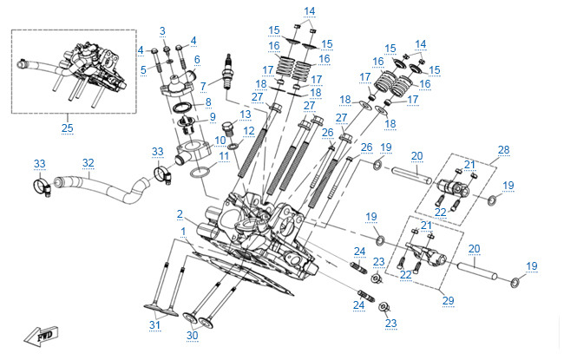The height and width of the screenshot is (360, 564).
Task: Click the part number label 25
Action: (67, 128)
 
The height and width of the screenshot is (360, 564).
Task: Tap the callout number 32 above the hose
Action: (88, 162)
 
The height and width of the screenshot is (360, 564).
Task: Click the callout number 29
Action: (448, 300)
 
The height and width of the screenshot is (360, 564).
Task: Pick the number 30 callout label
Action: (193, 335)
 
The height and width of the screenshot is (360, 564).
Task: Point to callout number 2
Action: (180, 213)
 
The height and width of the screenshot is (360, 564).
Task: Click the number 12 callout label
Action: (247, 131)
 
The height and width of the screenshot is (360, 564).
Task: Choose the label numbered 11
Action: (224, 156)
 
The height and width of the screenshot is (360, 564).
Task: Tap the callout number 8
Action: (207, 102)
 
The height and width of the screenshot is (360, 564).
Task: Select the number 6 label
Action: (197, 59)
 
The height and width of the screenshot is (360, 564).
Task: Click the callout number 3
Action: (161, 31)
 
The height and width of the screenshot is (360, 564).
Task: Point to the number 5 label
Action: (143, 68)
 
